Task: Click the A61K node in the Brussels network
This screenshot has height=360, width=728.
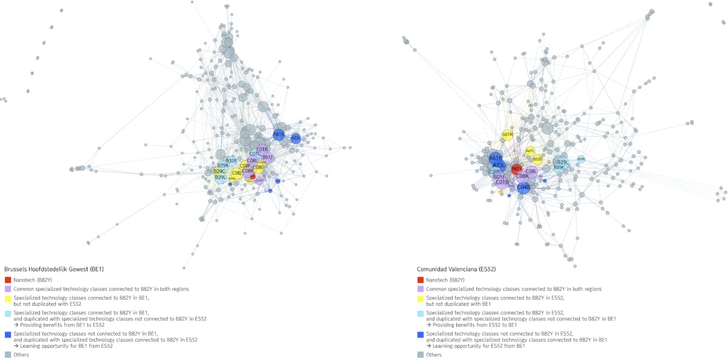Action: (278, 134)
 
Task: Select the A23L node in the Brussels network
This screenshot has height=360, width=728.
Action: (295, 138)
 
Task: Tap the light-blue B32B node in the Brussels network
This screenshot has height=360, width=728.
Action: (231, 161)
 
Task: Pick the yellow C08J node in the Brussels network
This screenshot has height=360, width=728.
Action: (237, 173)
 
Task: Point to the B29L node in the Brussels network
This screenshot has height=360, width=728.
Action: (220, 177)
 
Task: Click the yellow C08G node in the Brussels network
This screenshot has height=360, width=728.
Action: (258, 167)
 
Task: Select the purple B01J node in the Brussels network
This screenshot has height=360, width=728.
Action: (268, 157)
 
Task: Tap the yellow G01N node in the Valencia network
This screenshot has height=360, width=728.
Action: (508, 135)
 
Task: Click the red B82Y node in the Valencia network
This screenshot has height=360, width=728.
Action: (516, 168)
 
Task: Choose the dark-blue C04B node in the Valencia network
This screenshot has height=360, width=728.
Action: (524, 187)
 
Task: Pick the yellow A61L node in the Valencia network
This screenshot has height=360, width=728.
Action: (530, 151)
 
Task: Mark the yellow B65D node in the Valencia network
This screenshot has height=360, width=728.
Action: (538, 159)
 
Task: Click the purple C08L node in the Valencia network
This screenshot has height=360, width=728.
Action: (531, 172)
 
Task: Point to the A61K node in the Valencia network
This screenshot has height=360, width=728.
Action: (495, 158)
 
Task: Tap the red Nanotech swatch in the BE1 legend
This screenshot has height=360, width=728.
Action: (8, 280)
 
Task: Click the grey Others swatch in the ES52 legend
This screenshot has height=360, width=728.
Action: (420, 355)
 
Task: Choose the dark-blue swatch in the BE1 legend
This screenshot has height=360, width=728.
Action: (8, 335)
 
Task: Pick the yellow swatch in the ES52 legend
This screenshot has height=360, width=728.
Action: (420, 299)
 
